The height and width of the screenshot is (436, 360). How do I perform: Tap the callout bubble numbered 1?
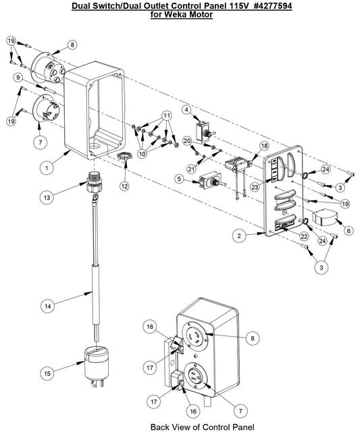[47, 168]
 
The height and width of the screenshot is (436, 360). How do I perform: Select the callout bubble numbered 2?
[239, 236]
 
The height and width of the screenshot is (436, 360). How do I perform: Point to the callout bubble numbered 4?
[186, 110]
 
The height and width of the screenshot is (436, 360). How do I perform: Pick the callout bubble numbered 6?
[349, 230]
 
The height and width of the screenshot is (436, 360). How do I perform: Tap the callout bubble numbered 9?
[19, 78]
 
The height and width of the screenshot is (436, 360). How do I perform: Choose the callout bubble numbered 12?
[124, 186]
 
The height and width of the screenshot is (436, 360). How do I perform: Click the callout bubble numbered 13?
[47, 198]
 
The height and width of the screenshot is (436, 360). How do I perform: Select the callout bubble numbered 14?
[48, 306]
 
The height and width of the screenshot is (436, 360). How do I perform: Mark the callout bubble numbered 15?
[47, 373]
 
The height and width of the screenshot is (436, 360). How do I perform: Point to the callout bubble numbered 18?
[264, 146]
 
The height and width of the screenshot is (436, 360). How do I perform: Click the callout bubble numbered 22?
[304, 236]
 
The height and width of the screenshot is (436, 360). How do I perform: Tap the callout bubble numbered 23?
[255, 187]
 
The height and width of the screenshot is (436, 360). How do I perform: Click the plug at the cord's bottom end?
[96, 366]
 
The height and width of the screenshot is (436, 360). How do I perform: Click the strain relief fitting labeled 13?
[94, 182]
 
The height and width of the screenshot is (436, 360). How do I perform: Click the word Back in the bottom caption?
[160, 427]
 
